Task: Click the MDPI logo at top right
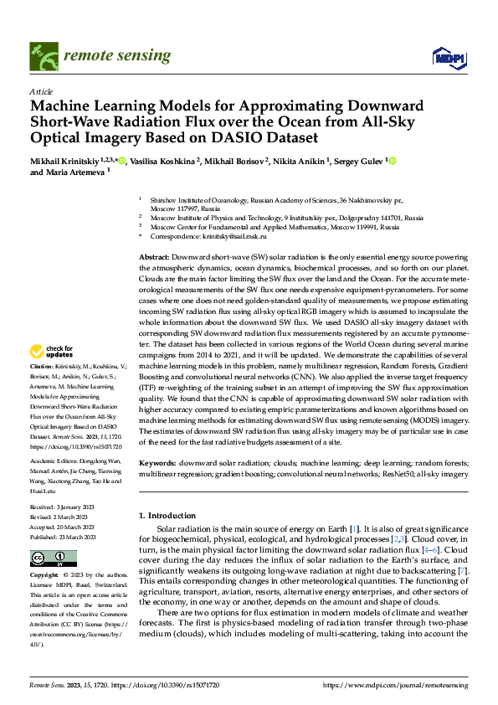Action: coord(446,57)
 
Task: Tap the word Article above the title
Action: coord(41,91)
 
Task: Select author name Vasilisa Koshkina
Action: coord(163,161)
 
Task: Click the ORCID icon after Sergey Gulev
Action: coord(391,161)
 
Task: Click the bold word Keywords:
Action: coord(157,462)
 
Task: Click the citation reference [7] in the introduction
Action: coord(464,570)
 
